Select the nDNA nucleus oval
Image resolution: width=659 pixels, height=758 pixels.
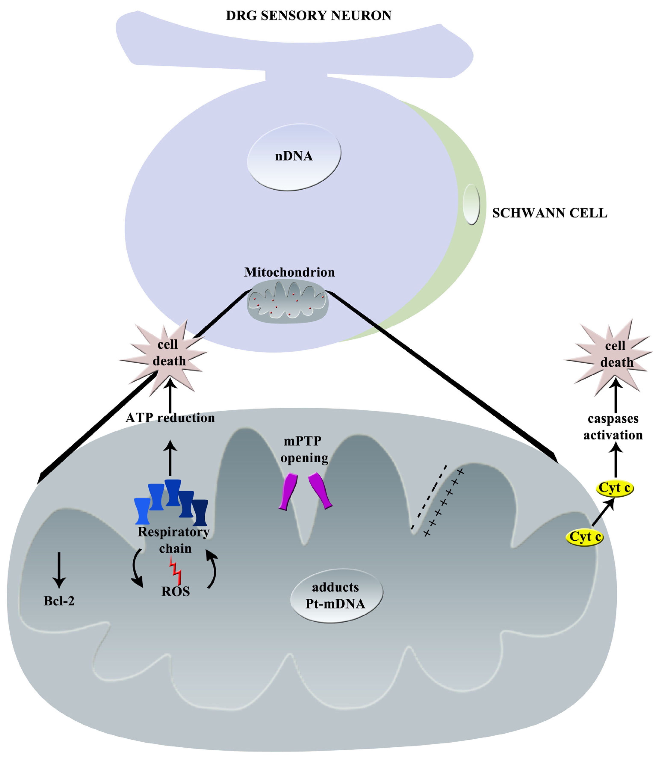point(294,157)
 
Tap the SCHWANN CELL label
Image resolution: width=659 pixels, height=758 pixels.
point(549,213)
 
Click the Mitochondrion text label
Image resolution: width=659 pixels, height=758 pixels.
point(290,272)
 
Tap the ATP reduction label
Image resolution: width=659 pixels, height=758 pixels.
point(170,418)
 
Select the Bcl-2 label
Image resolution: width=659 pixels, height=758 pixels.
point(59,601)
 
